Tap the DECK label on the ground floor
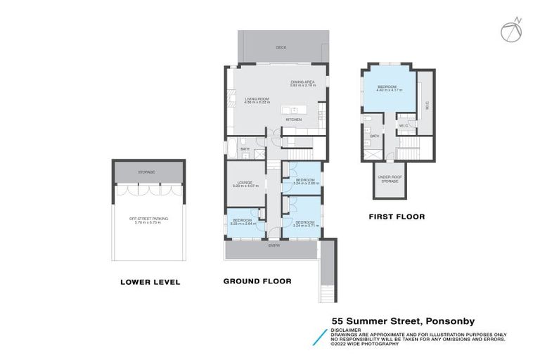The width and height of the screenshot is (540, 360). click(281, 48)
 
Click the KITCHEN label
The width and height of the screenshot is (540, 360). click(293, 120)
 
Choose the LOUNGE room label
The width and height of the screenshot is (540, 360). click(245, 184)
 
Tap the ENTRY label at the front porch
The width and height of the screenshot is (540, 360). click(274, 245)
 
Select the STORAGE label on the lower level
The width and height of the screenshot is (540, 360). click(147, 172)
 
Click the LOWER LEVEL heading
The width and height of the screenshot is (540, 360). click(150, 282)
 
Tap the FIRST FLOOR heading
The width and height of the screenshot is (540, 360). click(397, 217)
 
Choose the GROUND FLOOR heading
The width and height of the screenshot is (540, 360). click(257, 281)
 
